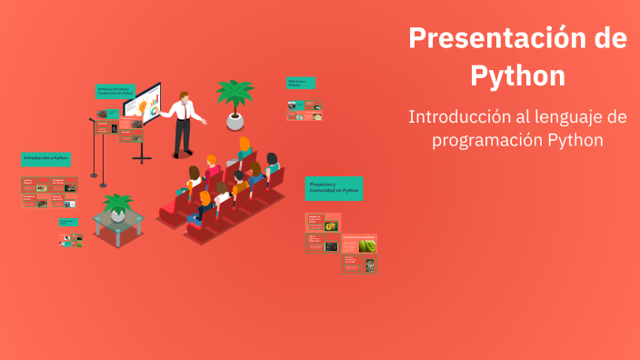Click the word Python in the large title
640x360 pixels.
tap(517, 75)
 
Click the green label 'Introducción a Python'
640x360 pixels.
tap(46, 158)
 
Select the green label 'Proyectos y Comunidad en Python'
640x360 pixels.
tap(334, 188)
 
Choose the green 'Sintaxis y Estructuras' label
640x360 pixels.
tap(115, 91)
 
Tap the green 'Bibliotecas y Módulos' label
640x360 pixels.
tap(301, 83)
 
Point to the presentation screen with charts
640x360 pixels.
tap(142, 105)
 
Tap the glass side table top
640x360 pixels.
tap(118, 221)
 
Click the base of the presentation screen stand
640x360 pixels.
tap(142, 160)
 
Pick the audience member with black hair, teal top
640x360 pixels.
tap(271, 165)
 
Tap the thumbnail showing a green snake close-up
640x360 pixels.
tap(367, 245)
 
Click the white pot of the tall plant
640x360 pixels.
tap(235, 121)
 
